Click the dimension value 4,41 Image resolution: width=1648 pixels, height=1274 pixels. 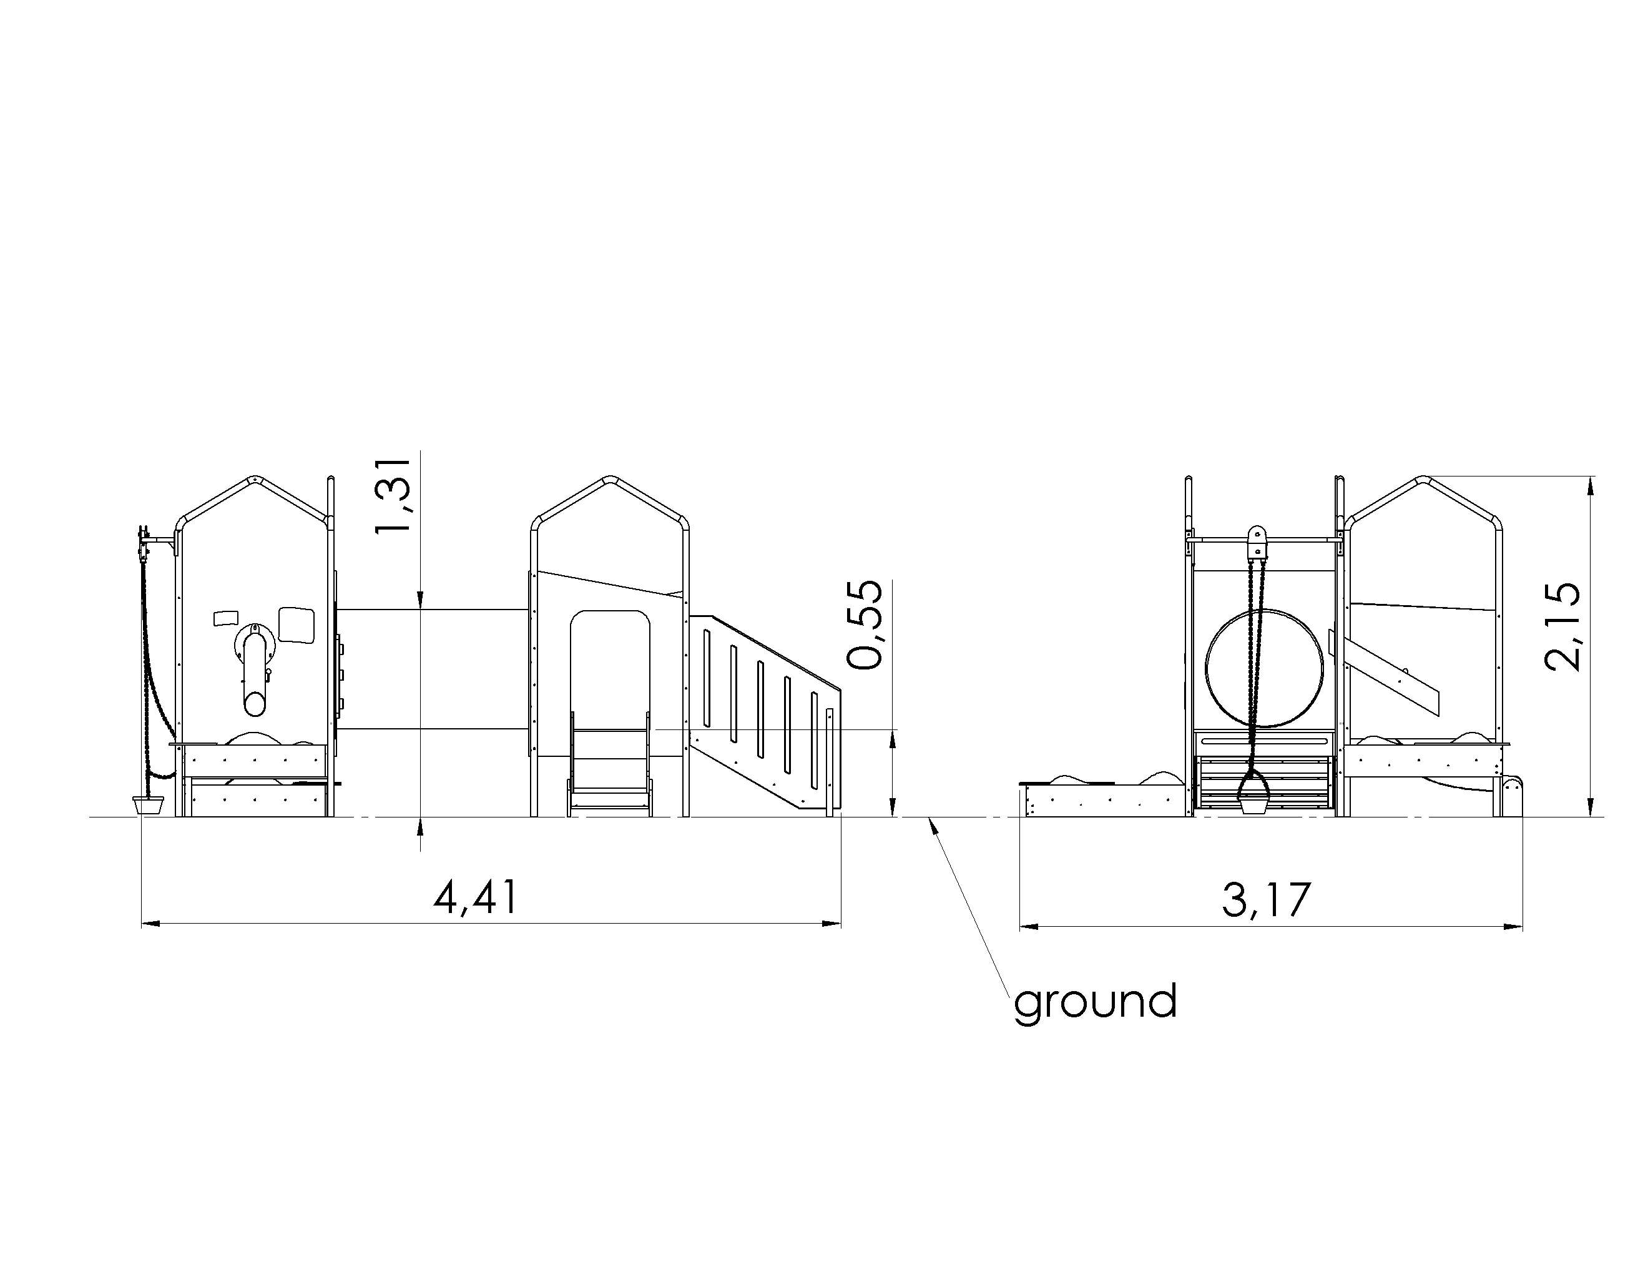[x=476, y=897]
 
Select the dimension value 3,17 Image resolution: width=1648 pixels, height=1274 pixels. [x=1267, y=900]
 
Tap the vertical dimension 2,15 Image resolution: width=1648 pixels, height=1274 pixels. [x=1561, y=626]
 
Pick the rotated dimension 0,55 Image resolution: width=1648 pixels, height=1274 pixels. [x=864, y=624]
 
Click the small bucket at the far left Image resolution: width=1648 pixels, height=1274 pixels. [x=148, y=804]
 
